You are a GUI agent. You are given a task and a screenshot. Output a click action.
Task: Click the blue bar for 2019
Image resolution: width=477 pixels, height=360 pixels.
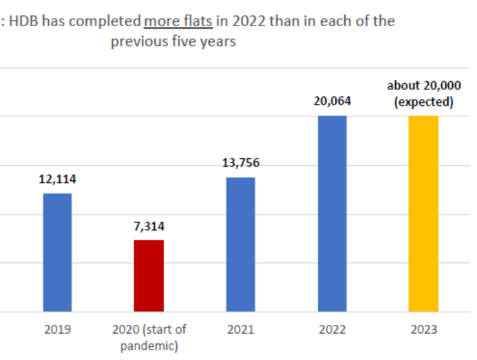tap(57, 252)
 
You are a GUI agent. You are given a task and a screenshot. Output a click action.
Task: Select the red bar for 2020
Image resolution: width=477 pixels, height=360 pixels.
tap(149, 275)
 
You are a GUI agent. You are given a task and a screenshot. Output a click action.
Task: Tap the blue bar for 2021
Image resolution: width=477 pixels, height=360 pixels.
tap(240, 244)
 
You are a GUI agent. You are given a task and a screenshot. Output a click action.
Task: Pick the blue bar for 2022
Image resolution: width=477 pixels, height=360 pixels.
tap(332, 213)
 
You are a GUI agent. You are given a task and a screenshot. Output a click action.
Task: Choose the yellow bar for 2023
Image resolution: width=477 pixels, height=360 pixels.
tap(423, 213)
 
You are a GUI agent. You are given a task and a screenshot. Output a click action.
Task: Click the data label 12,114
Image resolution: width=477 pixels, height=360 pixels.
tap(57, 180)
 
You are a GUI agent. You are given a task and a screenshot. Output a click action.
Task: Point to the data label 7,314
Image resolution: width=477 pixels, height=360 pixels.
tap(149, 226)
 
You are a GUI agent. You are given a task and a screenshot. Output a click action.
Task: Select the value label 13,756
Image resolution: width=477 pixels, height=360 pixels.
tap(240, 163)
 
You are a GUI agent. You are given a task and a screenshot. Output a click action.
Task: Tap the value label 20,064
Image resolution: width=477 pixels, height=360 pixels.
tap(332, 101)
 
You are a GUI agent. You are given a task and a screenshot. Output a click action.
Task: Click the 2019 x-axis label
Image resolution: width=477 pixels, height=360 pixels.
tap(57, 330)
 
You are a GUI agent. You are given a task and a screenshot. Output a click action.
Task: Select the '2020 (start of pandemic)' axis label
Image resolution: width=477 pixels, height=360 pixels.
tap(149, 337)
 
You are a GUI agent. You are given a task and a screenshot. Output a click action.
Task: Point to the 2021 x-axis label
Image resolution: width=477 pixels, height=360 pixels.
tap(240, 330)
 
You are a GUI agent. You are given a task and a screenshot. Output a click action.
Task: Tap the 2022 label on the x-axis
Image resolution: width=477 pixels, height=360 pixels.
tap(332, 330)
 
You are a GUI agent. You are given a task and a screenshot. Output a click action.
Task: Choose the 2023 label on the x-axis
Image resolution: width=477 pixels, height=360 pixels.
tap(423, 330)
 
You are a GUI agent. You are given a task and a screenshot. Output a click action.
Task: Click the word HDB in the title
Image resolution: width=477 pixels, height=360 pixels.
tap(24, 21)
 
